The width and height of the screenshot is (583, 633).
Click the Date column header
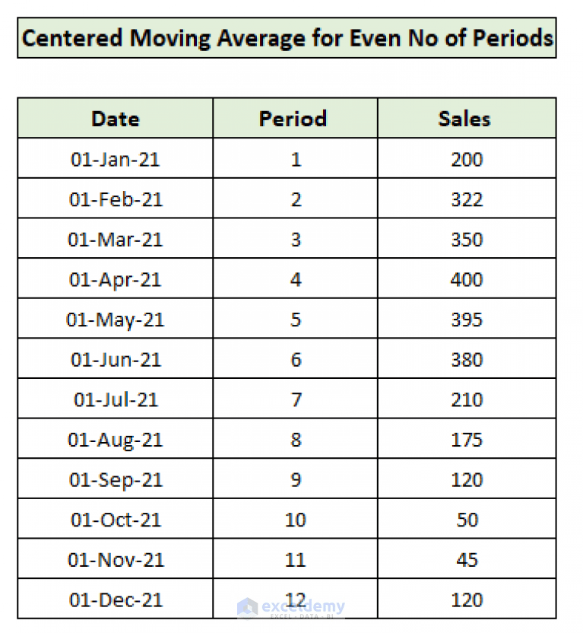coord(116,119)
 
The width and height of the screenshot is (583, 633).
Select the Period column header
coord(293,119)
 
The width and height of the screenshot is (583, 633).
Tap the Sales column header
coord(464,119)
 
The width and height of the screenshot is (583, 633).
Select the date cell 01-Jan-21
coord(116,159)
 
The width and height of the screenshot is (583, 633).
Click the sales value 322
coord(466,199)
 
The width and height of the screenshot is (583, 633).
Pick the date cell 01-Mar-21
coord(116,240)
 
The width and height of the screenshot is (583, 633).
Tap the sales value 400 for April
coord(466,279)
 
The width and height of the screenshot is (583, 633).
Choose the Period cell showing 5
coord(296,320)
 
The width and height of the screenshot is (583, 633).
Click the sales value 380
coord(466,360)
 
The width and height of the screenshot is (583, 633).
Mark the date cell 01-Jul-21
coord(116,399)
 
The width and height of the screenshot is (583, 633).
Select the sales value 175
coord(466,440)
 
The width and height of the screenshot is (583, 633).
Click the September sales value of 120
coord(466,480)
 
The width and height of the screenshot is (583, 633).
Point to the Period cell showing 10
coord(296,520)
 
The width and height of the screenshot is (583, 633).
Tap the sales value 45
coord(467,560)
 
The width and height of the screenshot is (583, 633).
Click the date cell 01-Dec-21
coord(116,600)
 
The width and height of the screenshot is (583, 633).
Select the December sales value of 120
coord(466,600)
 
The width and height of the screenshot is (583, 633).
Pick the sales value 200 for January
coord(466,159)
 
